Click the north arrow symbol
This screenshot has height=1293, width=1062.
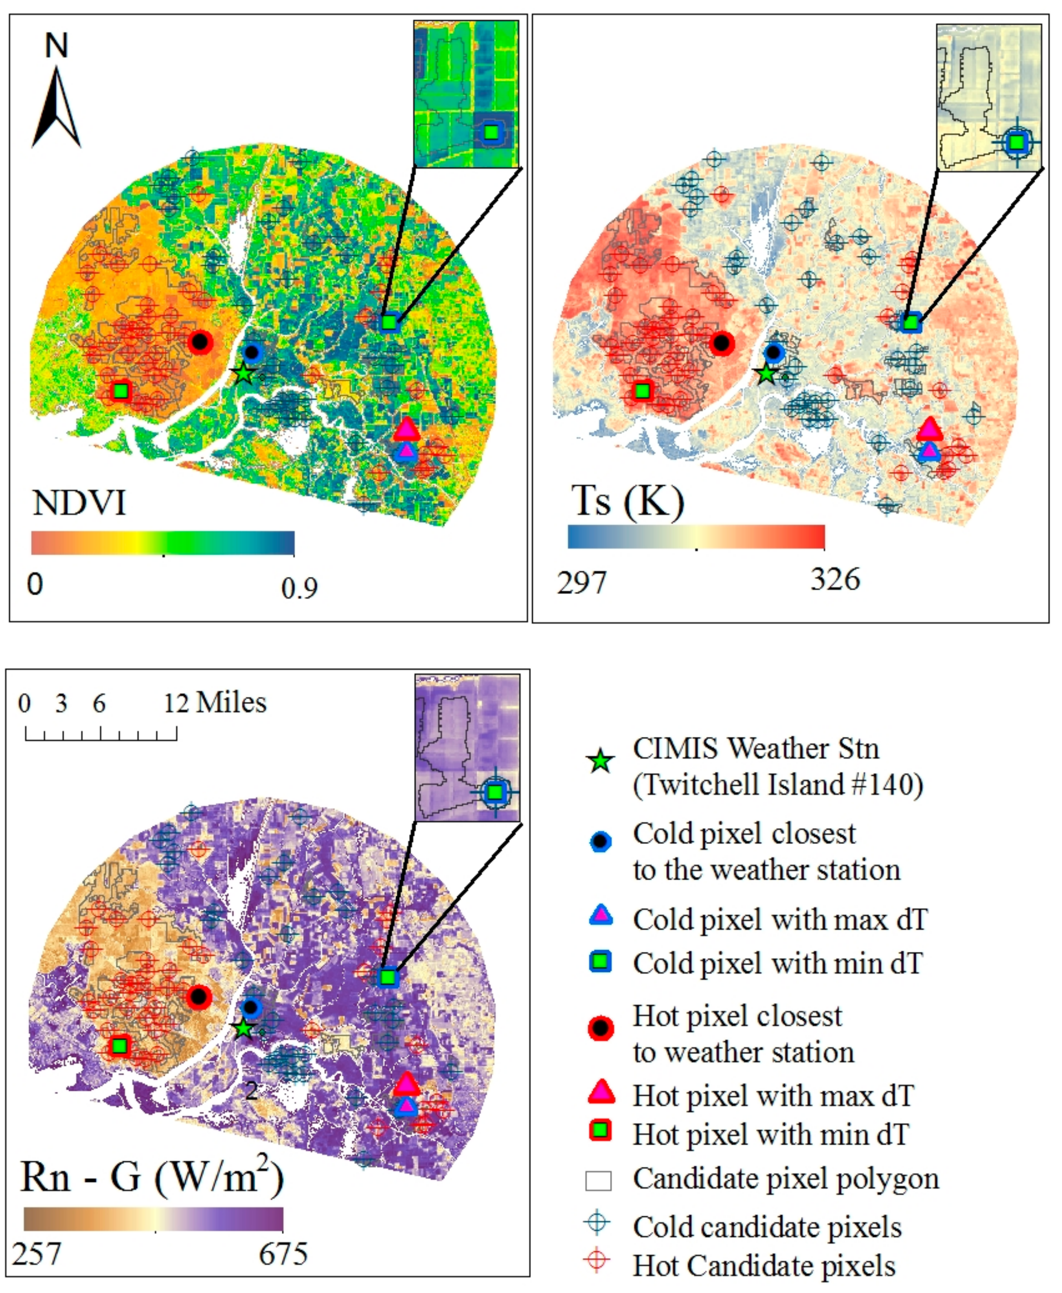coord(56,110)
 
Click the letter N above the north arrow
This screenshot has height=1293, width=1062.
coord(56,46)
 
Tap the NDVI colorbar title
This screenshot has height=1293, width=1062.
coord(79,503)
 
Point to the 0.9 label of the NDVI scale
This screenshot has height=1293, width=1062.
coord(299,588)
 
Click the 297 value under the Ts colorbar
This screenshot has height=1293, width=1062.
coord(581,582)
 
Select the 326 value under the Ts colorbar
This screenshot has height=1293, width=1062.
coord(835,579)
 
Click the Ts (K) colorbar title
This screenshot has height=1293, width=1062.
coord(627,502)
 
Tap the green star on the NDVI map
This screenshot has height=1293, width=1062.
coord(244,373)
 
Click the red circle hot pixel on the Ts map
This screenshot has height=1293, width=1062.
coord(722,343)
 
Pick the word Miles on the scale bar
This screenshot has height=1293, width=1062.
coord(231,703)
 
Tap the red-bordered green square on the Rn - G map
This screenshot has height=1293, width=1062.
coord(120,1046)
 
